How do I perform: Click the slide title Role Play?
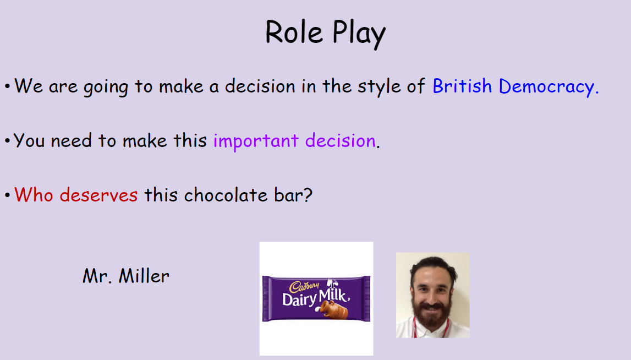pyautogui.click(x=325, y=34)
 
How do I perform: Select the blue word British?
pyautogui.click(x=462, y=86)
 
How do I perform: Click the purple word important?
pyautogui.click(x=256, y=141)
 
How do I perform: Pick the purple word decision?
pyautogui.click(x=340, y=140)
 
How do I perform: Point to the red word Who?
pyautogui.click(x=34, y=195)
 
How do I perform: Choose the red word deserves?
pyautogui.click(x=98, y=195)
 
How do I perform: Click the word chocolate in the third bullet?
pyautogui.click(x=226, y=195)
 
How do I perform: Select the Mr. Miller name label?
pyautogui.click(x=126, y=276)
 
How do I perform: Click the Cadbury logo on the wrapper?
pyautogui.click(x=304, y=286)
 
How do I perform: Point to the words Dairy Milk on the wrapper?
pyautogui.click(x=316, y=298)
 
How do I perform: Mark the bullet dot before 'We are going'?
pyautogui.click(x=7, y=86)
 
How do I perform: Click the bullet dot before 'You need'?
pyautogui.click(x=7, y=141)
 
